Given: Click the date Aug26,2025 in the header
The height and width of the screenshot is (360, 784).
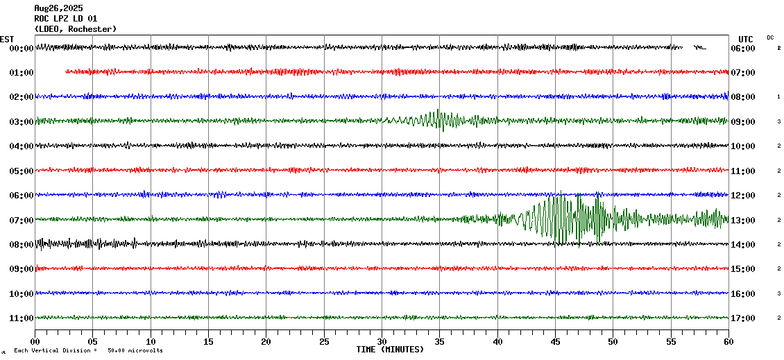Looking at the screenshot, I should coord(58,8).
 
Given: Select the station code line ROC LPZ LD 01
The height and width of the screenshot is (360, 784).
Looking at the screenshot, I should coord(66,19).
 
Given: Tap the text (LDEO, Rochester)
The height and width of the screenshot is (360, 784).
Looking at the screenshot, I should coord(76,29).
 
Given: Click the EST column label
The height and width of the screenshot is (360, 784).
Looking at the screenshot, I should coord(7,39).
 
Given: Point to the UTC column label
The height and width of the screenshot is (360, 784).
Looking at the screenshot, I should coord(746,39).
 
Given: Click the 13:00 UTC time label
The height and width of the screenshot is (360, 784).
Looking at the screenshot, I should coord(743,220).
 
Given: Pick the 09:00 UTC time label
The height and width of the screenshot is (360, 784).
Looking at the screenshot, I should coord(743,121).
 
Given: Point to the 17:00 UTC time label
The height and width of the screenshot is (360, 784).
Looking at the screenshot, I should coord(743,318).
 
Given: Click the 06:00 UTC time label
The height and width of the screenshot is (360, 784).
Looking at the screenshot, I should coord(743,49).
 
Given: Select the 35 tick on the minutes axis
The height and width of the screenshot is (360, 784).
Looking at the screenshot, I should coord(440,342).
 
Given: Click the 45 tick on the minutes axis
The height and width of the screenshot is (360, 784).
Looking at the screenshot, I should coord(555,342).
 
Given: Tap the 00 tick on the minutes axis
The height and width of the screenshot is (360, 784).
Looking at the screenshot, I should coord(35,342).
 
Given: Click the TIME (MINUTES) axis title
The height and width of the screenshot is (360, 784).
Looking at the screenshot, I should coord(390,350).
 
